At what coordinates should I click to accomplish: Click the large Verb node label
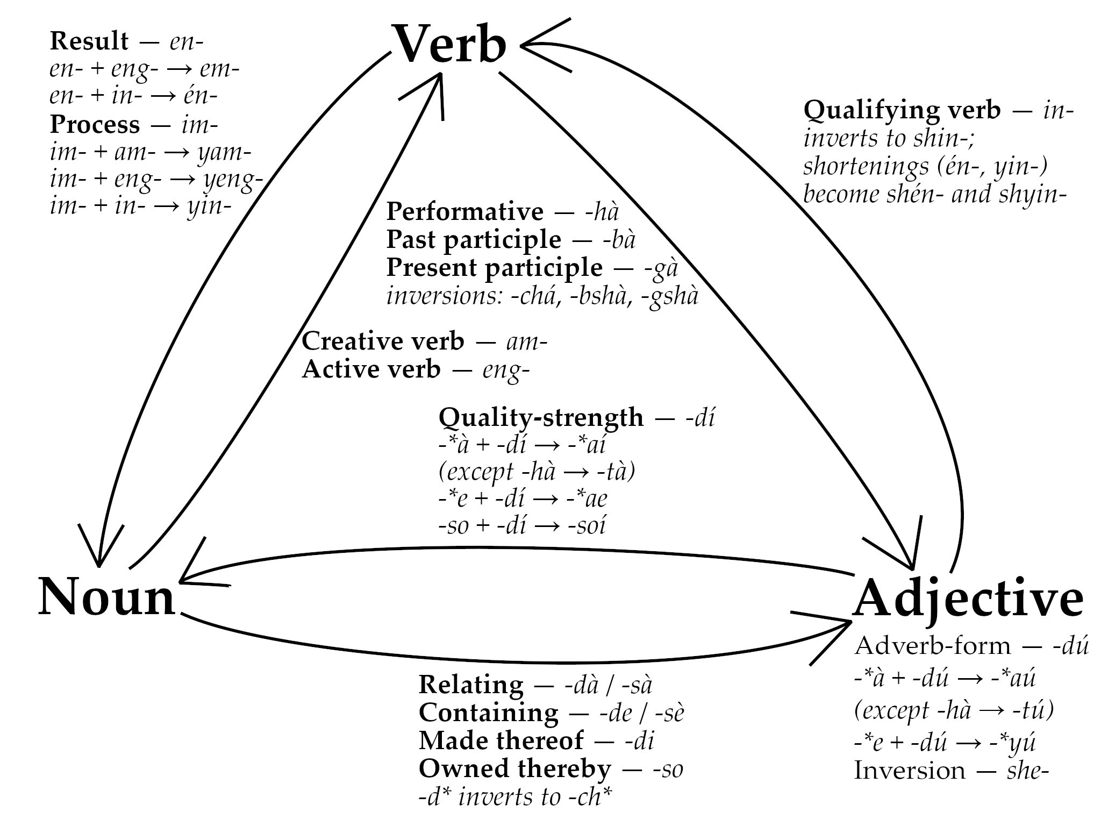coord(451,45)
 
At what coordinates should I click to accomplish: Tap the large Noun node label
coord(107,597)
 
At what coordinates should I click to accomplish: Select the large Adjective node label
coord(968,600)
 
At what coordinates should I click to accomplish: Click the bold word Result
coord(89,41)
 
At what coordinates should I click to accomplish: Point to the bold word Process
coord(95,125)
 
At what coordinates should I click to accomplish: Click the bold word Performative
coord(465,212)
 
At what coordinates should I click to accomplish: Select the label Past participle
coord(474,240)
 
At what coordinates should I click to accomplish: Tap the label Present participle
coord(494,268)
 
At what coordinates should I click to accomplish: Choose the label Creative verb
coord(383,341)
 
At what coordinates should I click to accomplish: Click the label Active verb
coord(371,369)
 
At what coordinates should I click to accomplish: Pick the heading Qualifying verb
coord(902,110)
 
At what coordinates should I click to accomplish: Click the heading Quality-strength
coord(541,417)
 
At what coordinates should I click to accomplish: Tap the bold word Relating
coord(471,685)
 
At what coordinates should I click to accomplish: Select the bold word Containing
coord(488,713)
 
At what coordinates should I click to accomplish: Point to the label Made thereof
coord(501,740)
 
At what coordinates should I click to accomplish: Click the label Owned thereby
coord(514,768)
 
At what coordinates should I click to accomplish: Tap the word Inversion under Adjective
coord(909,771)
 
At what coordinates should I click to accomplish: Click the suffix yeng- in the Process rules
coord(233,180)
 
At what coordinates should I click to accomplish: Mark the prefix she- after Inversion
coord(1027,771)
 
